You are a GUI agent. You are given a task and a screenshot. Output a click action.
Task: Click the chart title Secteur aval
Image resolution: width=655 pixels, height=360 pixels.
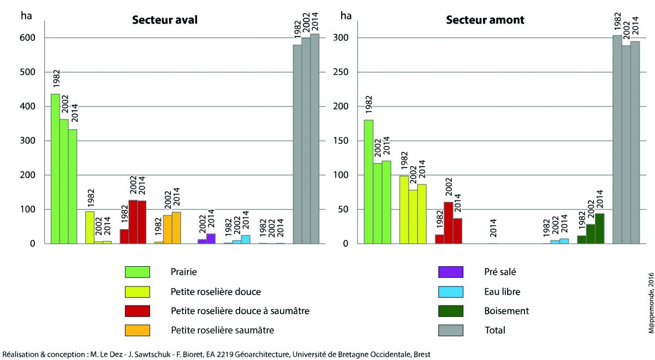coord(164,20)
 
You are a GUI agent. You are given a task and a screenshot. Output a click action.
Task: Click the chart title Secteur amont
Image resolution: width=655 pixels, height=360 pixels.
coord(485,20)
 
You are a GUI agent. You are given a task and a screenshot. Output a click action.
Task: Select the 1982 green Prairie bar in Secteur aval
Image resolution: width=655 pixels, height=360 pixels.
coord(55,169)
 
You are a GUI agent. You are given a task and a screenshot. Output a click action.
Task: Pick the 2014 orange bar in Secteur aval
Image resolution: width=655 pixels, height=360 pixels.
coord(176,228)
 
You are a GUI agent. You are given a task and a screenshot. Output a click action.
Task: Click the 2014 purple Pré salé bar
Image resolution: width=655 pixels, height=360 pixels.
coord(211,238)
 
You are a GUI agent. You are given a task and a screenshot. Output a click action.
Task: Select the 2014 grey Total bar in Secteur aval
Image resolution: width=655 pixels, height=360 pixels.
coord(315,139)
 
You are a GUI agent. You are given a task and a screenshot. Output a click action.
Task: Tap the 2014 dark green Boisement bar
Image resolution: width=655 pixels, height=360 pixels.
coord(599,229)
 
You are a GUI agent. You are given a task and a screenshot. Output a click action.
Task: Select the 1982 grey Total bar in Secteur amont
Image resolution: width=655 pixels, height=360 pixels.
coord(617,140)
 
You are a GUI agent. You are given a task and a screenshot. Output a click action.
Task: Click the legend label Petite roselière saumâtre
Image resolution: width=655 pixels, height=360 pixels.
coord(222,329)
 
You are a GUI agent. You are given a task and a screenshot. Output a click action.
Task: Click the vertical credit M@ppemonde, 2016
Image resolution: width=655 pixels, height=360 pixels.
coord(650,302)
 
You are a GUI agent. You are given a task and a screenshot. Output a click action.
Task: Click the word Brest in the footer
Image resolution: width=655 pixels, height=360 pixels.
coord(421,354)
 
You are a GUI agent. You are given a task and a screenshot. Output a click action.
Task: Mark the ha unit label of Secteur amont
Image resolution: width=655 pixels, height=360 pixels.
coord(346,15)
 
